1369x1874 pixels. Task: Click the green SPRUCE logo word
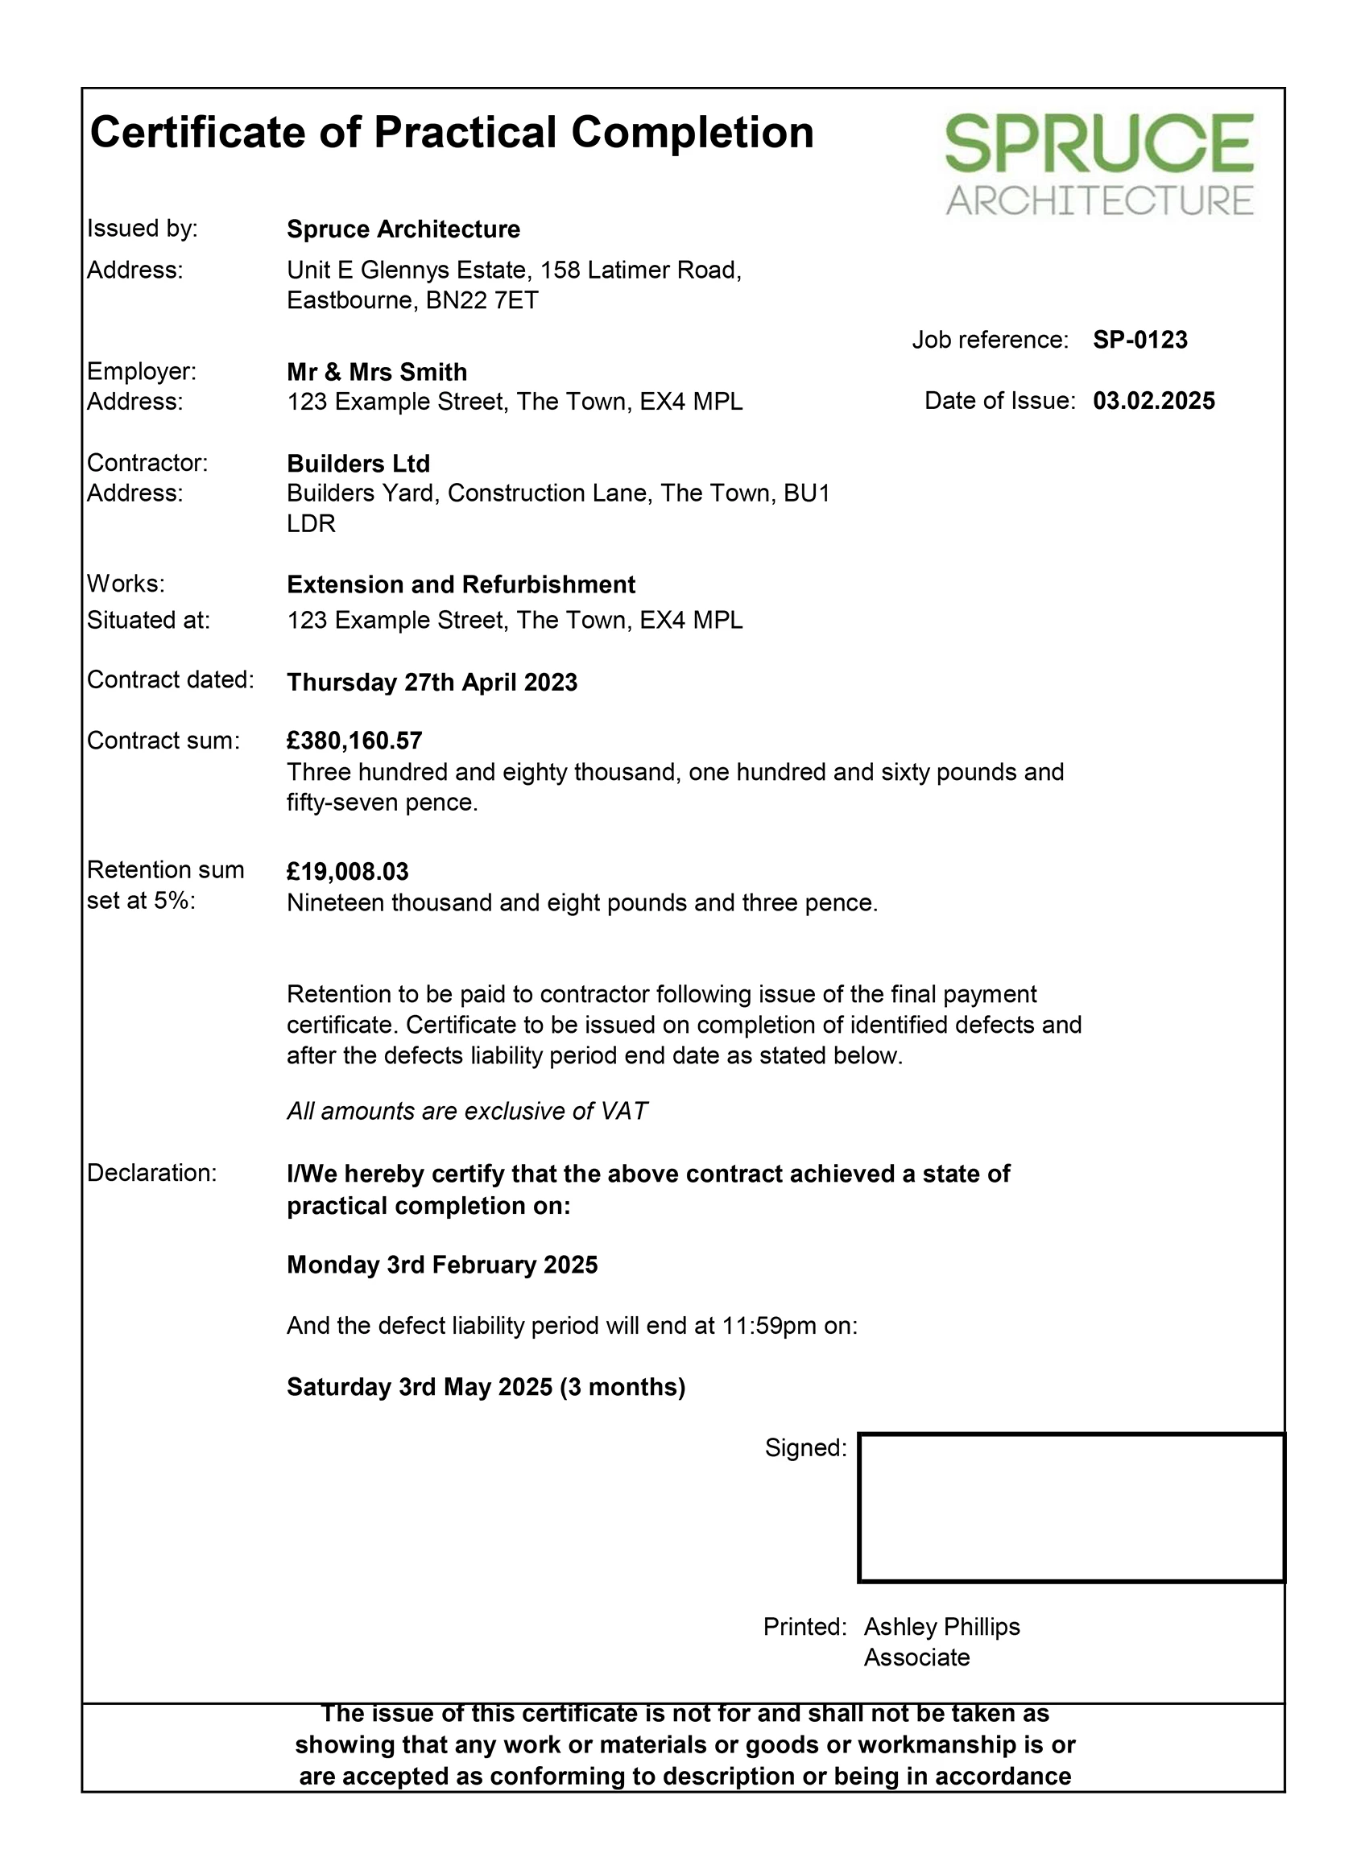coord(1099,144)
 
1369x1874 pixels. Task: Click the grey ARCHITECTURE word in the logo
coord(1099,201)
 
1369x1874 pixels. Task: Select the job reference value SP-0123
coord(1139,340)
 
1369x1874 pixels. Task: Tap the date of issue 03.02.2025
coord(1153,401)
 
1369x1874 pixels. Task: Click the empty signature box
coord(1071,1507)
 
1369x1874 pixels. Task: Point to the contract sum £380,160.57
coord(354,740)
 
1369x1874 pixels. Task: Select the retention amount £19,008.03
coord(347,872)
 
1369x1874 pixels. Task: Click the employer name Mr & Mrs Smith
coord(376,372)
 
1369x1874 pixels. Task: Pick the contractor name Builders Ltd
coord(358,463)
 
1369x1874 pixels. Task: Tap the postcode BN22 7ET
coord(482,300)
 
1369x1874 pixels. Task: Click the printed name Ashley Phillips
coord(941,1626)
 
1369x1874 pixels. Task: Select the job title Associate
coord(916,1657)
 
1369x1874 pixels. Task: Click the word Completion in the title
coord(692,133)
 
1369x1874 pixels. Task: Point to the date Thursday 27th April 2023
coord(432,682)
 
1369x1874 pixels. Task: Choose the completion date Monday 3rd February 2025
coord(441,1265)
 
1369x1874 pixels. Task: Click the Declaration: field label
coord(151,1172)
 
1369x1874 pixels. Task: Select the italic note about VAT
coord(466,1111)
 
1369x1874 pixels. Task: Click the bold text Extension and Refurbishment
coord(461,584)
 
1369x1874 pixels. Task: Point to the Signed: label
coord(804,1447)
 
